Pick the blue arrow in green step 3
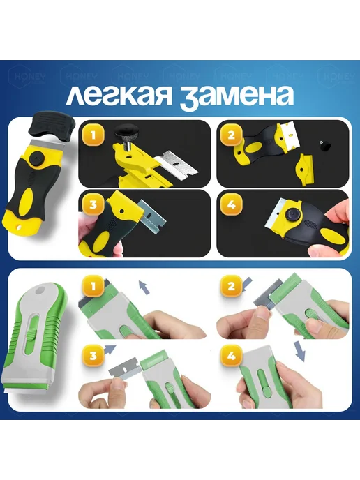110,347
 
